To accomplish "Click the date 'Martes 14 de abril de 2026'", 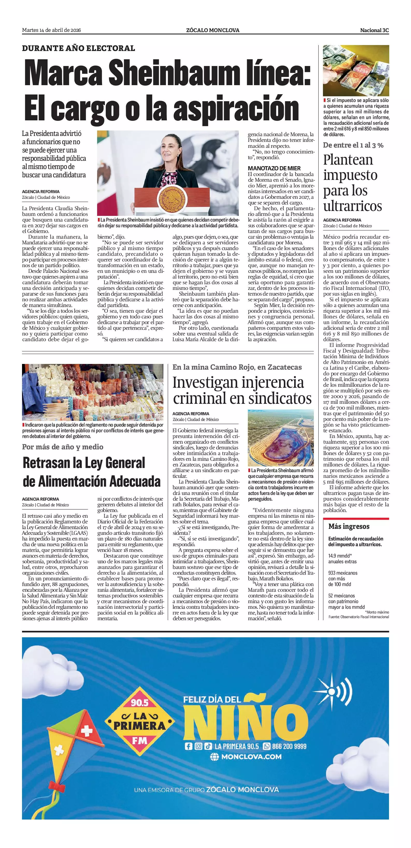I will [x=51, y=30].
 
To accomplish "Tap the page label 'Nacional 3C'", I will [x=374, y=30].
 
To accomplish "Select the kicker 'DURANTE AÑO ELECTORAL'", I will [x=78, y=48].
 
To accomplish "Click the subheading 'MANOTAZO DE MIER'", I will [x=274, y=168].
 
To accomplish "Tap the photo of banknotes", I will [x=356, y=70].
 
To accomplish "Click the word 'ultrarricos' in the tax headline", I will [x=352, y=206].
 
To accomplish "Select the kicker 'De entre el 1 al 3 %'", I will [x=353, y=145].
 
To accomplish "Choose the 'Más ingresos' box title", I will [x=349, y=527].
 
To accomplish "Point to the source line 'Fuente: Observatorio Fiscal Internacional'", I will [x=358, y=617].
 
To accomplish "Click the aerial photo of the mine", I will [x=280, y=438].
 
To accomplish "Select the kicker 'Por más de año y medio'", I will [x=63, y=447].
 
